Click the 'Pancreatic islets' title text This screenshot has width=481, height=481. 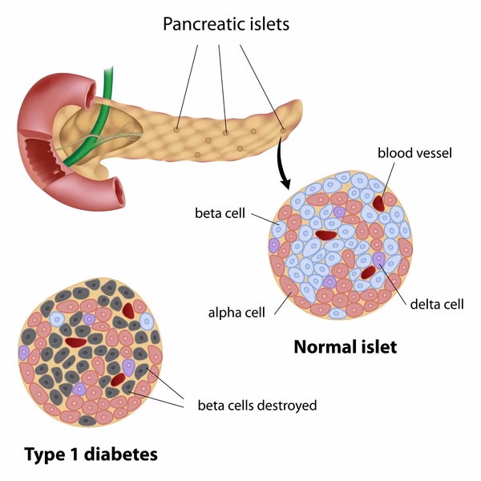(226, 24)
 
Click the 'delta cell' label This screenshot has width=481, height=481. (437, 304)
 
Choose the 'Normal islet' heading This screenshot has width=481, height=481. (345, 347)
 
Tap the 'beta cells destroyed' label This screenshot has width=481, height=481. (257, 405)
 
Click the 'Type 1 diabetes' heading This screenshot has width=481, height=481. (91, 455)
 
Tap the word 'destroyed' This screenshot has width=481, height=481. (286, 405)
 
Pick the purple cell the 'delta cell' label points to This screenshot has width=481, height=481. (378, 258)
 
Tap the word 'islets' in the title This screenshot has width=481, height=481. (269, 24)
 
